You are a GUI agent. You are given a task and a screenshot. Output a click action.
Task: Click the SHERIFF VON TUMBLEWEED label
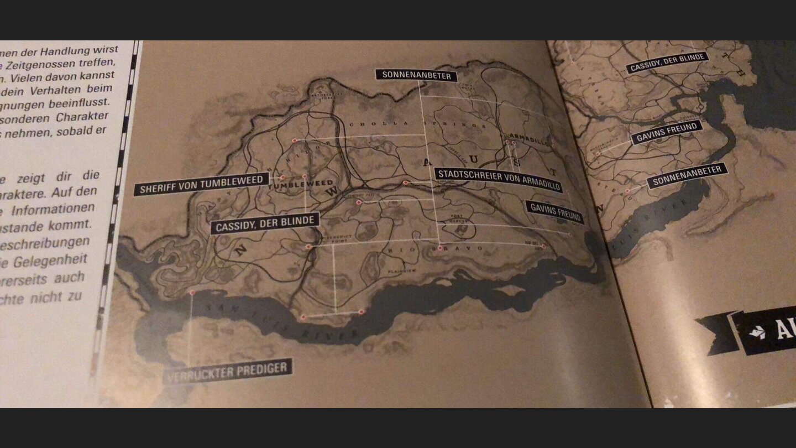201,185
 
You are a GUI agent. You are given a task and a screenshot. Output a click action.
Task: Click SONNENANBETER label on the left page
416,75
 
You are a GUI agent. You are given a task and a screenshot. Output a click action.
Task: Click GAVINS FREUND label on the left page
554,212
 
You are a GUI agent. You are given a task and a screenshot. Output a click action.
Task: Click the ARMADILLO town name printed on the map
528,138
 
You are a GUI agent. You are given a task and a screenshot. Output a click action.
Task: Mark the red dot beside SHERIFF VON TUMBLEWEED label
283,178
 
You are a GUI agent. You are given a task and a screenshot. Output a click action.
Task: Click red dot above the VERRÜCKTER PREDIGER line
192,292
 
